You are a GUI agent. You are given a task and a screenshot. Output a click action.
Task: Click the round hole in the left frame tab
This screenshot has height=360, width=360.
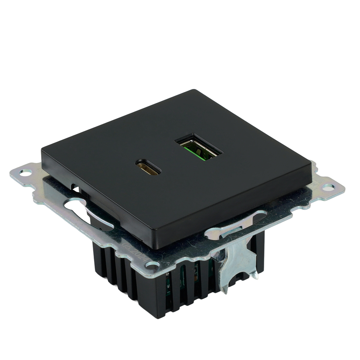point(25,173)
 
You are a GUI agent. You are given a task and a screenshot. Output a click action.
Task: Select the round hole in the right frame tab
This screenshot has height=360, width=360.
point(328,187)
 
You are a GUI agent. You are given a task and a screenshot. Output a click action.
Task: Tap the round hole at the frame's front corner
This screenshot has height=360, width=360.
point(153,266)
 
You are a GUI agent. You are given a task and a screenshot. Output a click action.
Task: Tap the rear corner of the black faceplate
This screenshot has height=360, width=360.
point(194,90)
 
